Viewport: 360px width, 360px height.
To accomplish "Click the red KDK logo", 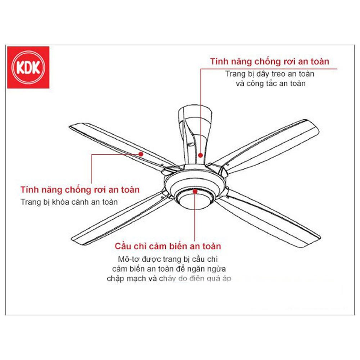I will pyautogui.click(x=28, y=67).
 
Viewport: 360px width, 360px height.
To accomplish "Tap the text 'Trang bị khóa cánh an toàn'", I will pyautogui.click(x=69, y=202).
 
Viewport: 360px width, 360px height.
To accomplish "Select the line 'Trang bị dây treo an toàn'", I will pyautogui.click(x=270, y=74).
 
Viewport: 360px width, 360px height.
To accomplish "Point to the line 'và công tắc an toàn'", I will pyautogui.click(x=270, y=84).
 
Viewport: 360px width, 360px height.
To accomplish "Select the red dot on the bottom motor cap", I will pyautogui.click(x=195, y=192).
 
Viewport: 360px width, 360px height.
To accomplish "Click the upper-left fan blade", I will pyautogui.click(x=119, y=144).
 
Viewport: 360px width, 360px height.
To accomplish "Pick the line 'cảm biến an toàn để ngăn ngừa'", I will pyautogui.click(x=169, y=269).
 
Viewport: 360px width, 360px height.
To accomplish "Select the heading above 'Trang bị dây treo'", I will pyautogui.click(x=270, y=62).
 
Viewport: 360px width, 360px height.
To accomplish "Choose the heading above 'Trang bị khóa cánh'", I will pyautogui.click(x=80, y=189).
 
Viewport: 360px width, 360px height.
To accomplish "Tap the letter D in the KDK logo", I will pyautogui.click(x=28, y=68).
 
